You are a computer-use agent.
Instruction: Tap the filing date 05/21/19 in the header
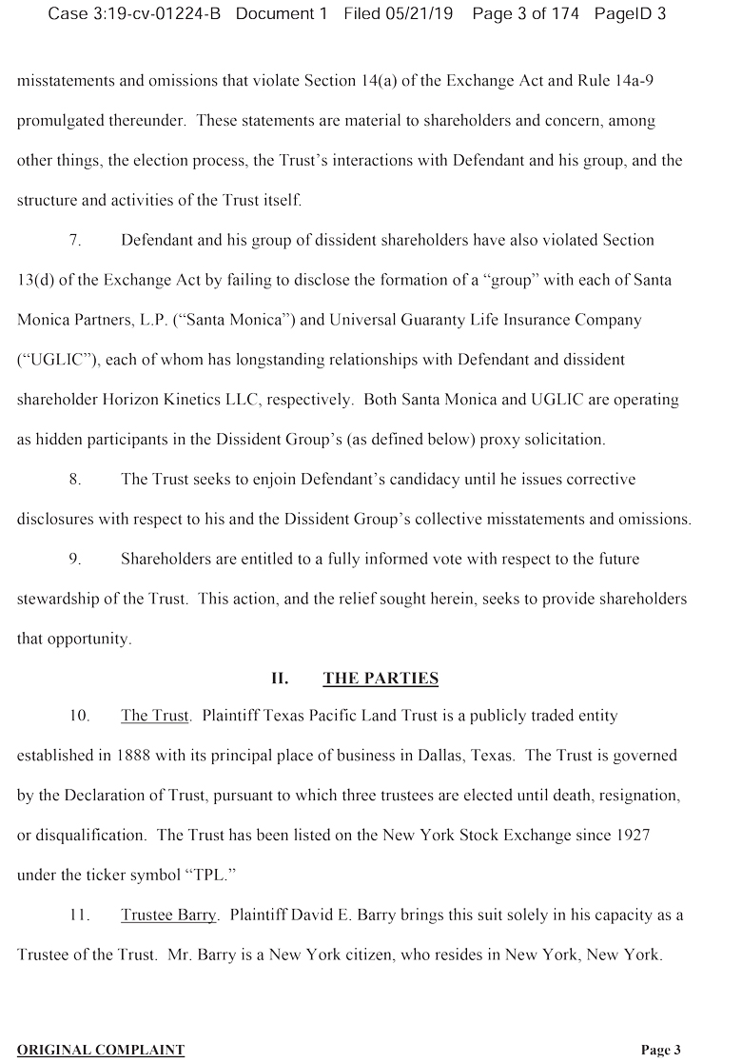[x=412, y=14]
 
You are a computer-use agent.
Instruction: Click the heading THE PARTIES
[x=381, y=679]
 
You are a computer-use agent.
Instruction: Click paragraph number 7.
[x=74, y=241]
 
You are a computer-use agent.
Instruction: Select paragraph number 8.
[x=74, y=479]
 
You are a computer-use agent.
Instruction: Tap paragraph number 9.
[x=74, y=559]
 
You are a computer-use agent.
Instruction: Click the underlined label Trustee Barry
[x=168, y=915]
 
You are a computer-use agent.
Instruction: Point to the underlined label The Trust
[x=154, y=716]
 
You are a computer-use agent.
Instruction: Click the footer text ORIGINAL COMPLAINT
[x=101, y=1050]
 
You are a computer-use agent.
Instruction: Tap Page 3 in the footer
[x=660, y=1050]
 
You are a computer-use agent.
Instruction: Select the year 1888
[x=137, y=756]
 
